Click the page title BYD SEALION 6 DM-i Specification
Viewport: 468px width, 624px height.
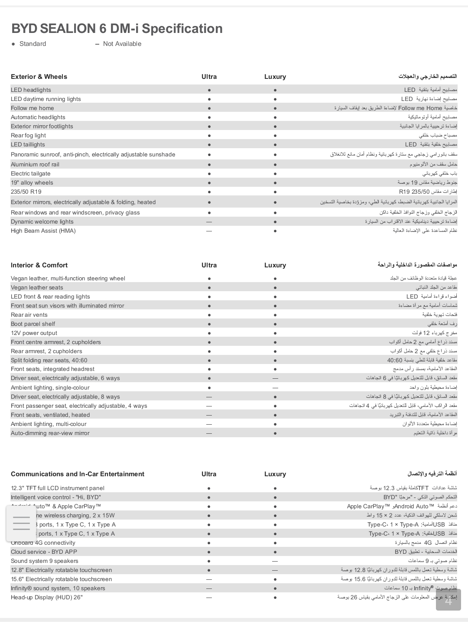pos(117,29)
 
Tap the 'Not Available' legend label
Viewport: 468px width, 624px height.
pos(122,44)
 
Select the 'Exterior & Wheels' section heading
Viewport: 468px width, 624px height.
pos(39,77)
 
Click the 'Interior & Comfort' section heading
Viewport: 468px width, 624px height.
pos(39,265)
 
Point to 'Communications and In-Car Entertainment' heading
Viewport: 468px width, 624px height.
pos(78,474)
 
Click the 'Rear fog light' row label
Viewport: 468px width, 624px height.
pos(28,136)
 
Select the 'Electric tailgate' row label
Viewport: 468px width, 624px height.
pos(30,174)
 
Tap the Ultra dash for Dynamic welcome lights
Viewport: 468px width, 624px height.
pos(209,222)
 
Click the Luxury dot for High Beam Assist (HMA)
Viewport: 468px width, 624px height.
pos(275,231)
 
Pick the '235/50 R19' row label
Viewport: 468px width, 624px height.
pos(26,192)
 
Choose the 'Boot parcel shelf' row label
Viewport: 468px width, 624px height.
pos(33,324)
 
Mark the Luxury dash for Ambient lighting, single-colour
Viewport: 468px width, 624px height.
pos(275,388)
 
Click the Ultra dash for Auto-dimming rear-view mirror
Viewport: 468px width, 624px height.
pos(209,433)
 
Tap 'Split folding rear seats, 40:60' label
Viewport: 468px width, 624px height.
pos(49,361)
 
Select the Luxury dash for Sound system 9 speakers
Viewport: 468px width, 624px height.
pos(275,561)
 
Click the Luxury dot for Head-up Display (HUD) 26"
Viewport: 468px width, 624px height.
pos(275,598)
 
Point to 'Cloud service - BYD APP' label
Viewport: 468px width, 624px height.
pos(44,552)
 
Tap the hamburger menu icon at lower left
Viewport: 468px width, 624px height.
pos(21,523)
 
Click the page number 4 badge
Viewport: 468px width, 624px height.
pos(448,601)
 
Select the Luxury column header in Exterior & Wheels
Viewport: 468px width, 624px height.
pos(275,77)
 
